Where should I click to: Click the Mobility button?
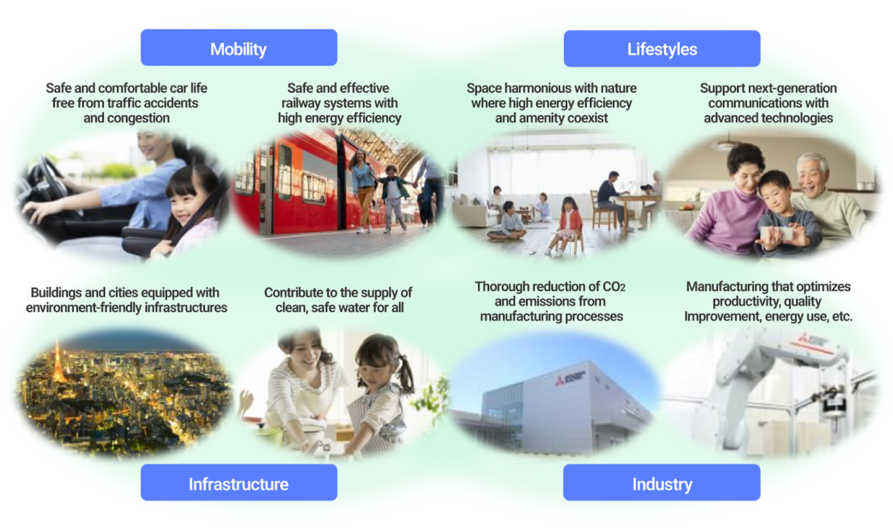(239, 48)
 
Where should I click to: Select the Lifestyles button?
(662, 49)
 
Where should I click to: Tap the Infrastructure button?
(239, 483)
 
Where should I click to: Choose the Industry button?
(662, 483)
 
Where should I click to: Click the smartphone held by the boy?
(778, 234)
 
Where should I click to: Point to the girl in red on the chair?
(570, 220)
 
